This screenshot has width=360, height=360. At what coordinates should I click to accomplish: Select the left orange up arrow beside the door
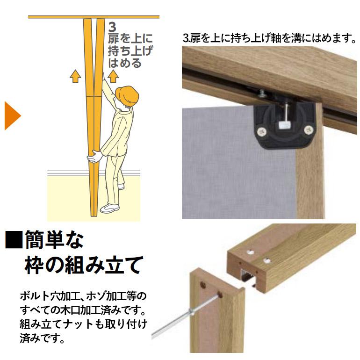[75, 76]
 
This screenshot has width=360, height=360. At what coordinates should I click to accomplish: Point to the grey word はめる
[124, 62]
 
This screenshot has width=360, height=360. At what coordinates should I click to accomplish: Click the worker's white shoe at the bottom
[110, 208]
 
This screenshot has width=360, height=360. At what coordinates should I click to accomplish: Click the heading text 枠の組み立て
[82, 265]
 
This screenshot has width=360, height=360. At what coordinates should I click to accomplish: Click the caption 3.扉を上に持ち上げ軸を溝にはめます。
[269, 38]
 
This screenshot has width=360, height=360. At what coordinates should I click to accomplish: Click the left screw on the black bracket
[263, 130]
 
